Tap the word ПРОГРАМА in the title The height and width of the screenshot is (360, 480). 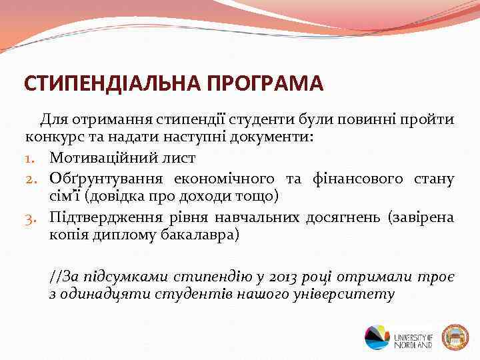[x=265, y=85]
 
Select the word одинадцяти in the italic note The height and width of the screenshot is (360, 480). [x=101, y=294]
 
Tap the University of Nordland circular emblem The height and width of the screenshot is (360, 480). [x=377, y=337]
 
